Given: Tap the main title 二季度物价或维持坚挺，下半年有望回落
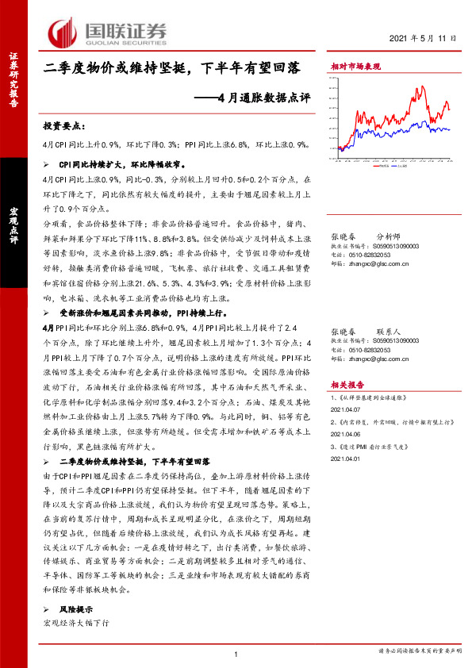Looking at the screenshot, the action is [171, 69].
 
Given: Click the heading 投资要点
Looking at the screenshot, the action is [63, 126].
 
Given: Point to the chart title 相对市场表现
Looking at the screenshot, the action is [355, 68].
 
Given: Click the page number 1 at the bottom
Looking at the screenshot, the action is [236, 653].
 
